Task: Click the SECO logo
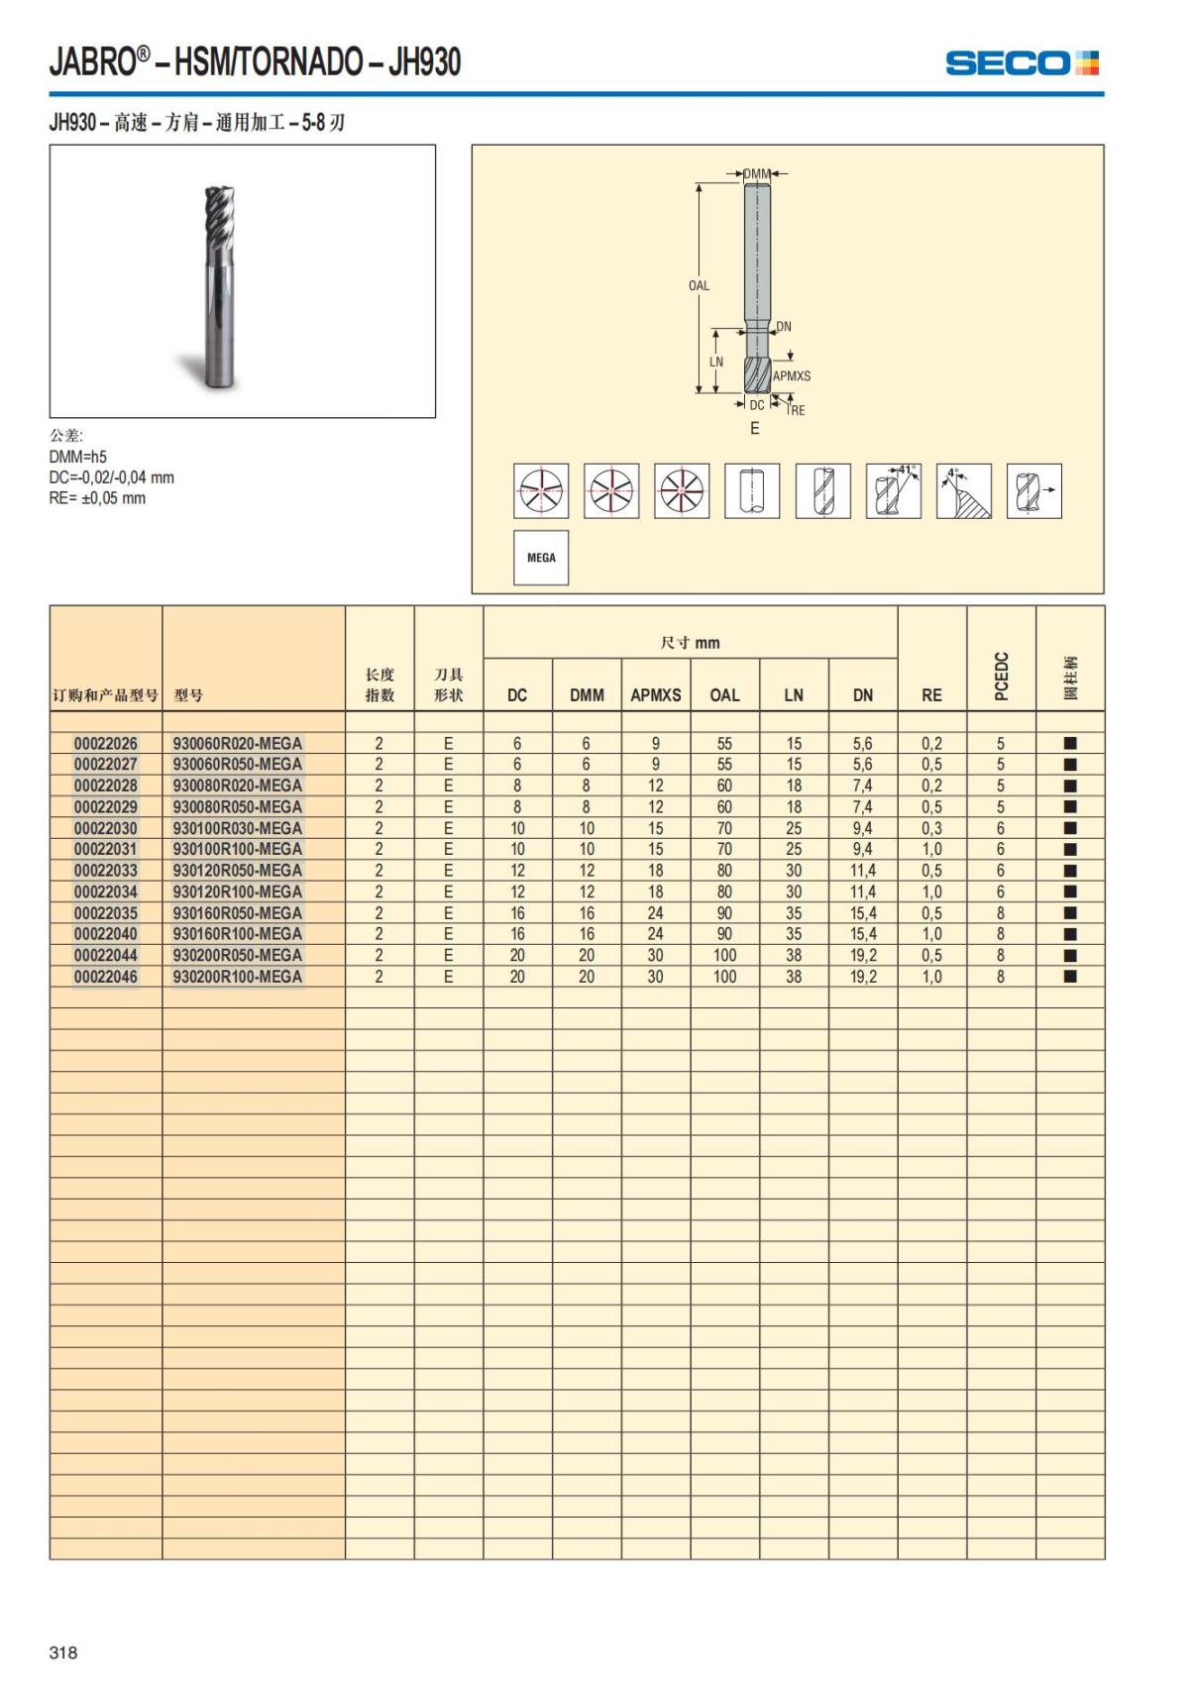(1022, 63)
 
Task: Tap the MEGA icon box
(541, 558)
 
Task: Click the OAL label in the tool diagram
(699, 285)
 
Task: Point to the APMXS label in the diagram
(791, 376)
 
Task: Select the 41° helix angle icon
(893, 490)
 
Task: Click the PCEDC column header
(1001, 676)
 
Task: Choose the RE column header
(931, 695)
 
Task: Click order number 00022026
(106, 743)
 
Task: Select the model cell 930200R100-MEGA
(238, 977)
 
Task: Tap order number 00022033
(106, 871)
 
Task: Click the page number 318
(62, 1652)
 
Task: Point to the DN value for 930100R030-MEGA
(862, 828)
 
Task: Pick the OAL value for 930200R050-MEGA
(724, 956)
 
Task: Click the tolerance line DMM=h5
(78, 457)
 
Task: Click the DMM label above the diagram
(757, 174)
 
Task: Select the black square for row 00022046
(1070, 977)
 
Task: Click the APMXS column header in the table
(655, 695)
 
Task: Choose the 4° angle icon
(963, 490)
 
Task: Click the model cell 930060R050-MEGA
(238, 765)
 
